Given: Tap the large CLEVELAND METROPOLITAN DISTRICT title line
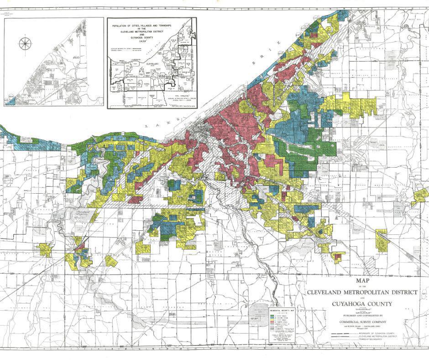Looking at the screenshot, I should (361, 292).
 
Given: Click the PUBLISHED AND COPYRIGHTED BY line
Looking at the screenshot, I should (361, 315).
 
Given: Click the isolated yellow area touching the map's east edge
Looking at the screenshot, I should (420, 196).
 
